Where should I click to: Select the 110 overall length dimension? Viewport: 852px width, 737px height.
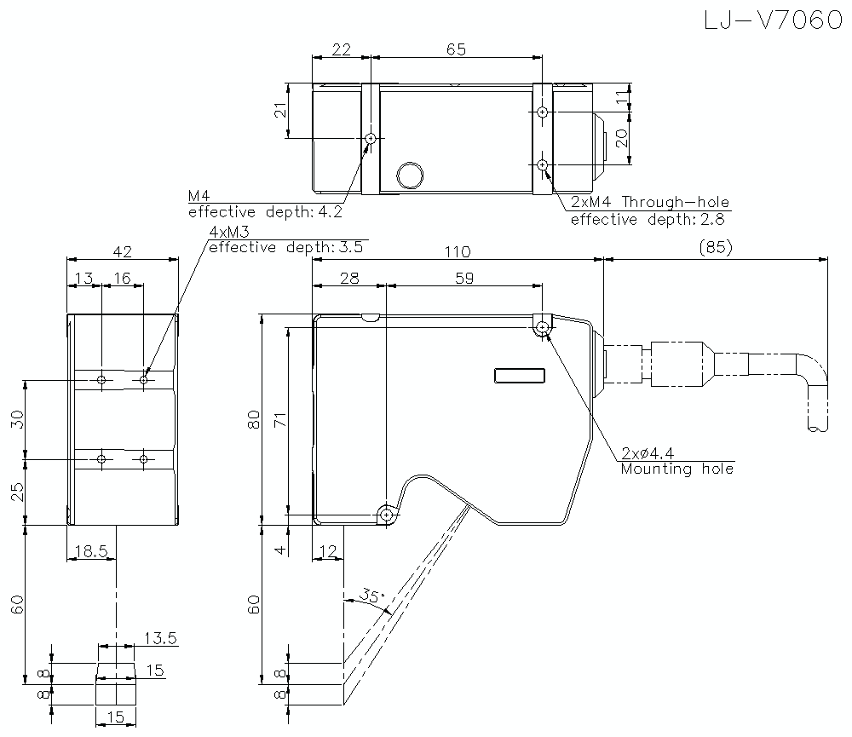(x=457, y=251)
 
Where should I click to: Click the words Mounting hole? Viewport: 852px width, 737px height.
(x=676, y=469)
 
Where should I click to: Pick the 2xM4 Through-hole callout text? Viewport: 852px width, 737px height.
(x=649, y=203)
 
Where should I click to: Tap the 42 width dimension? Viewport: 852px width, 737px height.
(x=122, y=251)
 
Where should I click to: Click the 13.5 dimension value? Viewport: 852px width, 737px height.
(x=160, y=637)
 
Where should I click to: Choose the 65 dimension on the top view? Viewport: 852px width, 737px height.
(x=456, y=49)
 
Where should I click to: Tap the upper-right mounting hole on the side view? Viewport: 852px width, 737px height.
(x=543, y=326)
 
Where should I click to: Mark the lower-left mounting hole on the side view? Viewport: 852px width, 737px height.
(x=388, y=515)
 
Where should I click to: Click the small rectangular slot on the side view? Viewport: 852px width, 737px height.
(x=519, y=376)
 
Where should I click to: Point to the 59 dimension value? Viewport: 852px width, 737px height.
(x=463, y=278)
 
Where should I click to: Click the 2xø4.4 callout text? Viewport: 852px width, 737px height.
(x=653, y=452)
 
